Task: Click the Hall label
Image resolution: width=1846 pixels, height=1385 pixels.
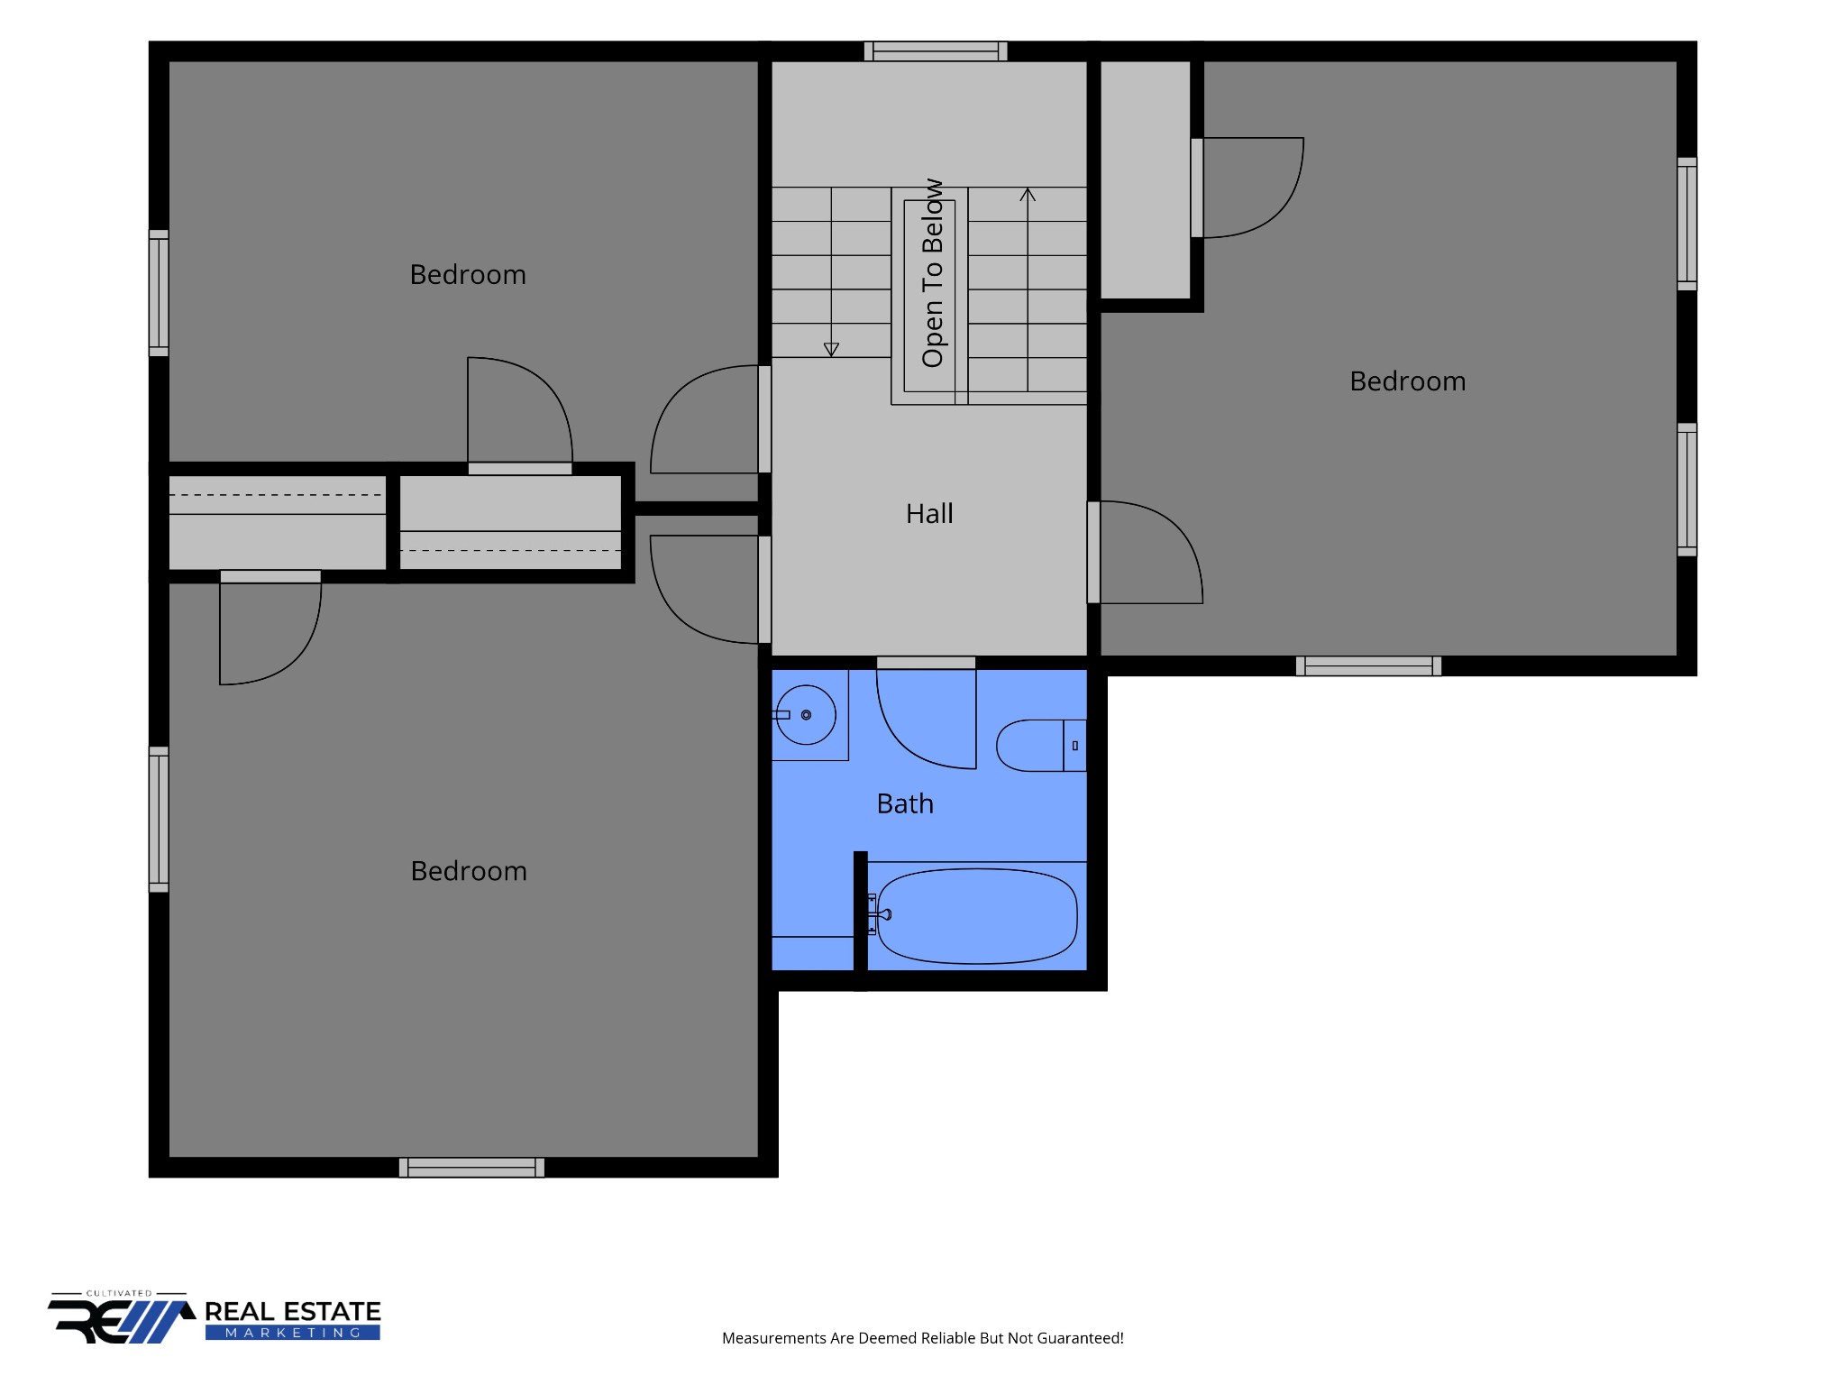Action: point(929,514)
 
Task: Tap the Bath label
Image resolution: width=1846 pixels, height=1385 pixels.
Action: point(905,803)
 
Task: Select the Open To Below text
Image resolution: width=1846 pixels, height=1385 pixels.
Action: point(933,273)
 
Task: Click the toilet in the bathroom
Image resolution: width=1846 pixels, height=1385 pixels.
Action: point(1041,746)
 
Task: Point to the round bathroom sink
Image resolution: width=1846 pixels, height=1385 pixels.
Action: point(806,715)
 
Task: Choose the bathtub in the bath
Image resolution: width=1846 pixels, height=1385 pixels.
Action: point(977,916)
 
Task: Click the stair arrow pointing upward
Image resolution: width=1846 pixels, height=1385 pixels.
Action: point(1028,289)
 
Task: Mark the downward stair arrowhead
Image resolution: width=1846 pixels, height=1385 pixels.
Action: point(831,350)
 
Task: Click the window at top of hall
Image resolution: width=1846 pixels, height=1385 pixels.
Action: point(936,51)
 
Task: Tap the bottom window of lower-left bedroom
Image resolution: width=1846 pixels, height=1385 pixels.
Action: point(471,1168)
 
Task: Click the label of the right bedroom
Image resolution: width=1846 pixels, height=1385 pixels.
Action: point(1407,381)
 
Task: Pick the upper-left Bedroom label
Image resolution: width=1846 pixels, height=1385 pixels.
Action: point(468,275)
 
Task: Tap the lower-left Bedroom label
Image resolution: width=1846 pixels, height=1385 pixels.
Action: point(469,871)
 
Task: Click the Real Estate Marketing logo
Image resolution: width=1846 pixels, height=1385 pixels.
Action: point(215,1317)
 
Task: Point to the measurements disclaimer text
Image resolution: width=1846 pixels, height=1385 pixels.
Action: point(923,1338)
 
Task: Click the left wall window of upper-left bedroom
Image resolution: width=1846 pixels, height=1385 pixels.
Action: point(159,293)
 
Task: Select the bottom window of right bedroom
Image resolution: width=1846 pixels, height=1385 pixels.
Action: point(1368,666)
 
